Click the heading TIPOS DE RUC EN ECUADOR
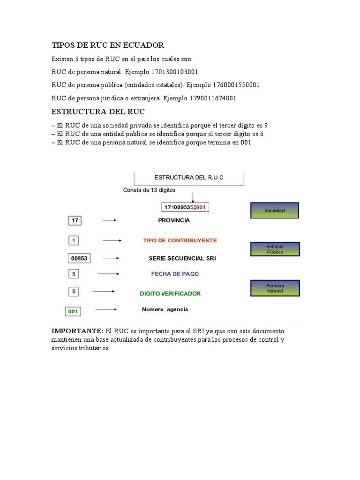pos(108,45)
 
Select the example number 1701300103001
pos(174,72)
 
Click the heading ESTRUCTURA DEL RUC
pos(98,112)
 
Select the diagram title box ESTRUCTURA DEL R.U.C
pos(189,178)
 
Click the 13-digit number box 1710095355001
pos(186,207)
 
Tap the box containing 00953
pos(78,258)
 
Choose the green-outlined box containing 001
pos(73,311)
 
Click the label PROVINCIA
pos(174,219)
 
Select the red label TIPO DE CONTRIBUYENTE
pos(180,240)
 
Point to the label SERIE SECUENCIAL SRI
pos(182,258)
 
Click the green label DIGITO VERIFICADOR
pos(170,293)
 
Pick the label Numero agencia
pos(165,309)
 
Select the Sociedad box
pos(275,210)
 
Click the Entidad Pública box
pos(275,249)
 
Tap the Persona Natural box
pos(275,288)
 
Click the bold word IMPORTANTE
pos(76,331)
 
